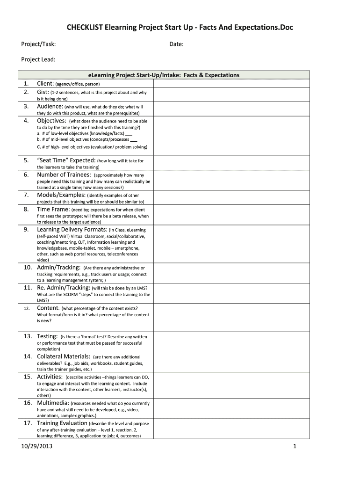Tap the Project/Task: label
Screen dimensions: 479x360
(x=39, y=44)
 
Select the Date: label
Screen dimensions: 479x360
(x=176, y=44)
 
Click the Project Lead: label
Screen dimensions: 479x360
(x=38, y=59)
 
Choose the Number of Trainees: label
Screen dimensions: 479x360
(x=64, y=175)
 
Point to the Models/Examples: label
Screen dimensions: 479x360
(x=61, y=195)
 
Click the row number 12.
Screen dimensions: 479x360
(x=27, y=308)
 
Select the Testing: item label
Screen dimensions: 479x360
(x=47, y=336)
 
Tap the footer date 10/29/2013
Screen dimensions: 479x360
(x=37, y=447)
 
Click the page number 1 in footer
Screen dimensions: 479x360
(x=295, y=447)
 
